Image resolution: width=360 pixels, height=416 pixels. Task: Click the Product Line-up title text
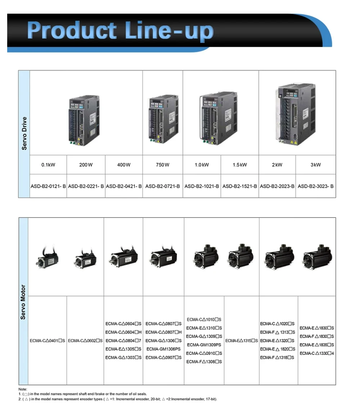tap(120, 31)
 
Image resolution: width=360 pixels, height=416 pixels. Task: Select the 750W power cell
tap(163, 165)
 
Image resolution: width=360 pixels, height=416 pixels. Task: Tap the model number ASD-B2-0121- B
tap(48, 186)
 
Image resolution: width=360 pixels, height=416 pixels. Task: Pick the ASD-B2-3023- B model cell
tap(316, 186)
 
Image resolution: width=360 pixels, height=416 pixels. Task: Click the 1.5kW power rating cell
tap(240, 165)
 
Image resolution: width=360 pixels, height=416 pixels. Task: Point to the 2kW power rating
tap(277, 165)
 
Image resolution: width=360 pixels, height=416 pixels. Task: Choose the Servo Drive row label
tap(24, 133)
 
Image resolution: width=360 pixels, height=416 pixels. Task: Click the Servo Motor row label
tap(23, 302)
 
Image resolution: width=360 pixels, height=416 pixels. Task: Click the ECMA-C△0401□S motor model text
tap(48, 340)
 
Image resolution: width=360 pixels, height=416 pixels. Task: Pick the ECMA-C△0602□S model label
tap(85, 340)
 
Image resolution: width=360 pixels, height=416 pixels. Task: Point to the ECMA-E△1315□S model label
tap(242, 340)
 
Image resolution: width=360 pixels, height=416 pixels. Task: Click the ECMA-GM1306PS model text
tap(163, 349)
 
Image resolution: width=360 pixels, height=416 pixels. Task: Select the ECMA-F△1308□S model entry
tap(204, 362)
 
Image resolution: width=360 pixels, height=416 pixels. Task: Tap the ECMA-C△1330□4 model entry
tap(317, 353)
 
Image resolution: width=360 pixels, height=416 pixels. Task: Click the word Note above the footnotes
tap(23, 389)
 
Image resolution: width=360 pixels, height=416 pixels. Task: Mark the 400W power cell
tap(124, 165)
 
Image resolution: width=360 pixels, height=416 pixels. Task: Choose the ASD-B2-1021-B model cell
tap(202, 186)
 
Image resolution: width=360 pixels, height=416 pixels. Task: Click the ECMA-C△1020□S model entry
tap(277, 324)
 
